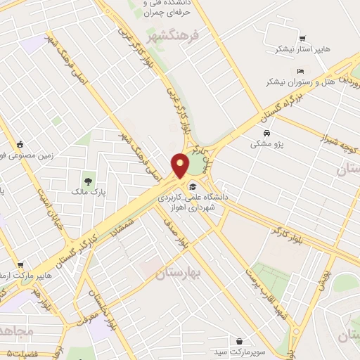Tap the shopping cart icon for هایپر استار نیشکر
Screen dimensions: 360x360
(x=302, y=39)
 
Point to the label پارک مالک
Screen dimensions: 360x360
(x=87, y=191)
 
